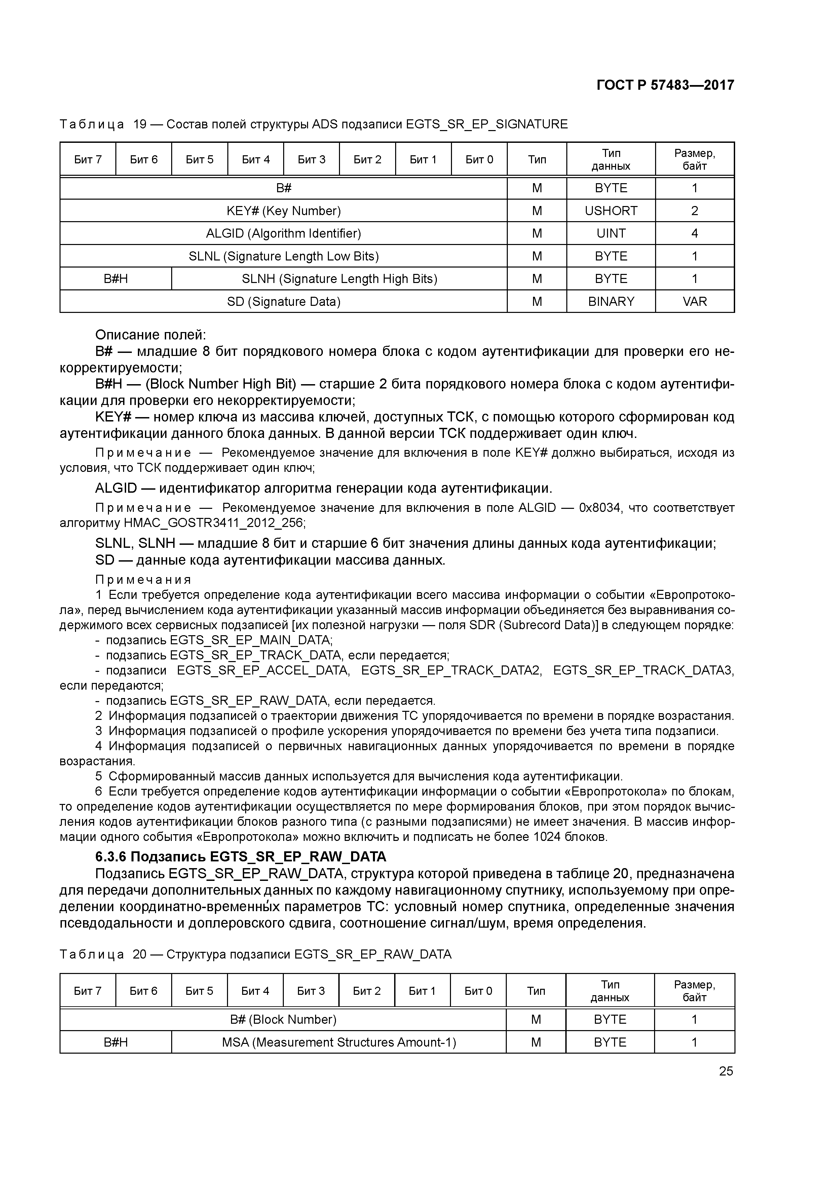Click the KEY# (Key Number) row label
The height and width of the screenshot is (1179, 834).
(283, 210)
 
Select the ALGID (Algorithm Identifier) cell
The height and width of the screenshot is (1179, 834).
(283, 233)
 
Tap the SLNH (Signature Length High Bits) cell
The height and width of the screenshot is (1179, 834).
(339, 279)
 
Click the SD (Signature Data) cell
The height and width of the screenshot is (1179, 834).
(283, 301)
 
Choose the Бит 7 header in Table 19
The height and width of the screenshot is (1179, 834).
(88, 159)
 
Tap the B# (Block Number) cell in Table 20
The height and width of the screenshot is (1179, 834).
(283, 1019)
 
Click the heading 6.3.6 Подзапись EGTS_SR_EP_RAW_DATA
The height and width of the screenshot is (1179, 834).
(240, 856)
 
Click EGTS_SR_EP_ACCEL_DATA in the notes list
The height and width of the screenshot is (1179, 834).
(263, 670)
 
